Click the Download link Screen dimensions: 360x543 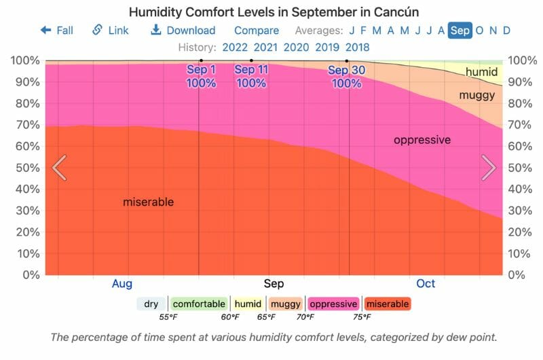183,31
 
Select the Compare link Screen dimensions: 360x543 257,31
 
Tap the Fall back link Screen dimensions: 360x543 57,31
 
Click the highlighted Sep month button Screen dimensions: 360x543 460,31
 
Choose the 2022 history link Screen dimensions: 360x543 235,48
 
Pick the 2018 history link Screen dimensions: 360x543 358,48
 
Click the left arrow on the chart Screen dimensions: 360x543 60,168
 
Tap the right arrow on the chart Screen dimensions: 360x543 488,168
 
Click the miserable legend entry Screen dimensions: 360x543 387,304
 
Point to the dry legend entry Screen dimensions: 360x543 151,304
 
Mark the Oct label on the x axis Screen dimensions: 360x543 426,283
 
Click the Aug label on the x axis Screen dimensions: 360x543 122,283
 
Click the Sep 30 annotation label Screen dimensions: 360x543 347,76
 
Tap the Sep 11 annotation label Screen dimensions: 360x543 251,76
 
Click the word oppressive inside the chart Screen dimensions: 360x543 422,140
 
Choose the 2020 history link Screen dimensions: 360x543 297,48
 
